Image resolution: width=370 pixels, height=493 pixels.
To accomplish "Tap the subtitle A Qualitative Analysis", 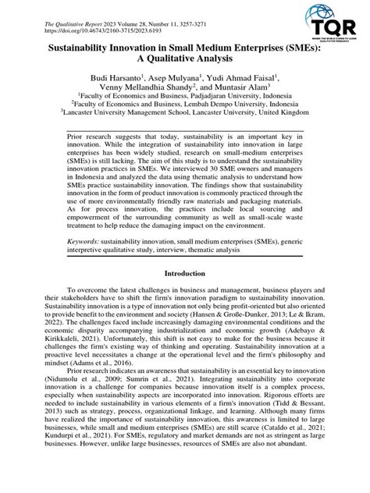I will point(184,62).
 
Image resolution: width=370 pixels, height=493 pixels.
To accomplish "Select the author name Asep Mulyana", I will point(176,80).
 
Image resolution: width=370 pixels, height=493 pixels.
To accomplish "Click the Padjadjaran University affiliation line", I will point(185,103).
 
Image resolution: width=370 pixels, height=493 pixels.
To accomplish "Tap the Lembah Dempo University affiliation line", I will point(185,113).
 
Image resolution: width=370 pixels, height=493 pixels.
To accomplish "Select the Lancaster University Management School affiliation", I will point(185,123).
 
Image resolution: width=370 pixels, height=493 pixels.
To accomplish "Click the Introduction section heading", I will point(184,275).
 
